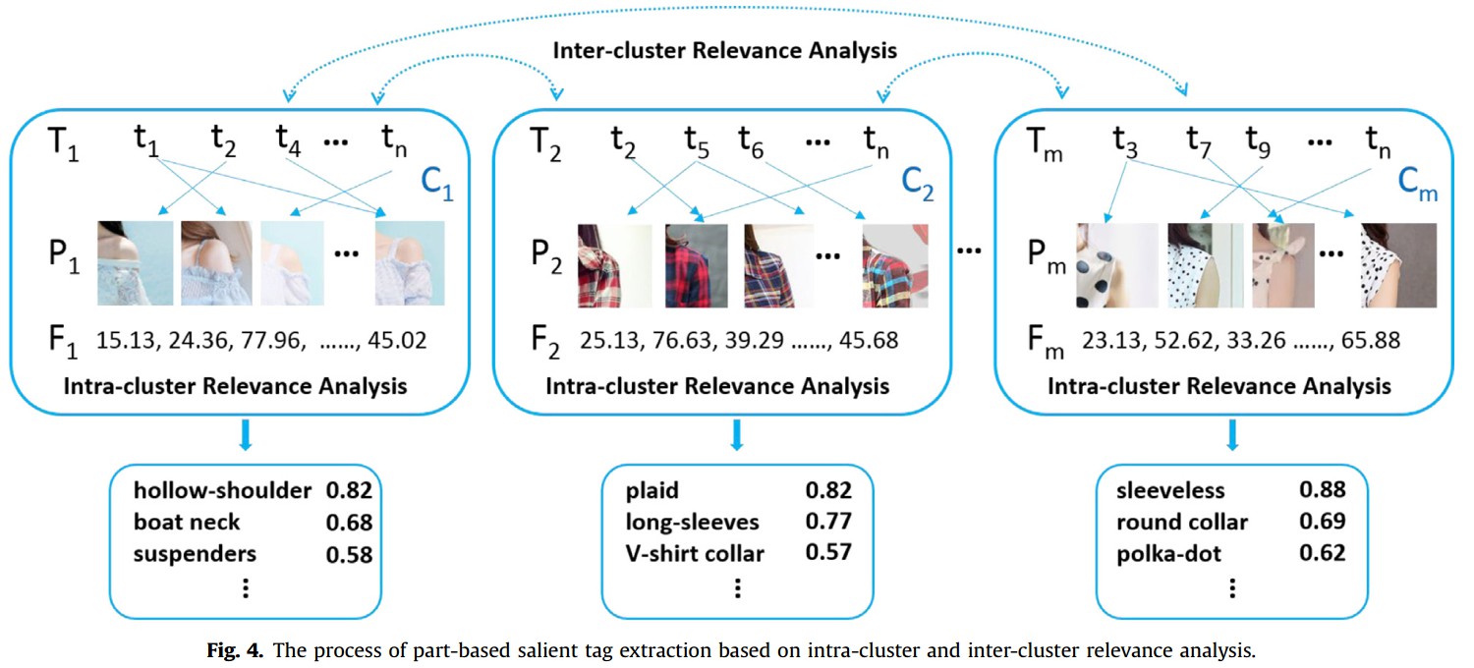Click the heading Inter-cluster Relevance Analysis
click(x=725, y=50)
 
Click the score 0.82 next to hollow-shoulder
click(x=349, y=490)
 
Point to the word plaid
click(x=653, y=490)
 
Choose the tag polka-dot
click(x=1168, y=554)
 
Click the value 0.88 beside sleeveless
click(x=1322, y=490)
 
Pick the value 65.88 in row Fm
click(x=1361, y=341)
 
